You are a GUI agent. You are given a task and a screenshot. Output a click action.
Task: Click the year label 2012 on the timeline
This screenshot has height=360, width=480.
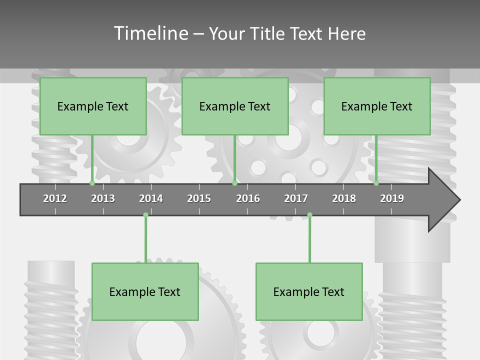pos(55,198)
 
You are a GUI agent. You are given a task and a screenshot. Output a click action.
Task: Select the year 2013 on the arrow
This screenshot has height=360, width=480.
pos(103,198)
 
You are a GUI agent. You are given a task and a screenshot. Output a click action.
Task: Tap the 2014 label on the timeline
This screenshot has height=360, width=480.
pos(151,198)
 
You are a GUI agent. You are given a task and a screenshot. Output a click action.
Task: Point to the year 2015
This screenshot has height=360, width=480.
pos(199,198)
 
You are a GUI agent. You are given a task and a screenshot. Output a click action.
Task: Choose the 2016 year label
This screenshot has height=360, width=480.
pos(248,198)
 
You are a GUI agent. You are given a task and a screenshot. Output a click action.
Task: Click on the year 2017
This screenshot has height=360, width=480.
pos(296,198)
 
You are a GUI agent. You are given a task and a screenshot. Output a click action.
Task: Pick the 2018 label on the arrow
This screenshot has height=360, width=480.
pos(344,198)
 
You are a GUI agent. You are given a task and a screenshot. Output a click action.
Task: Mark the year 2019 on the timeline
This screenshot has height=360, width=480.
pos(392,198)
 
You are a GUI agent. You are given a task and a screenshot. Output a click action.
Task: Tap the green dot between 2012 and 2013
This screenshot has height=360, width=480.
pos(92,183)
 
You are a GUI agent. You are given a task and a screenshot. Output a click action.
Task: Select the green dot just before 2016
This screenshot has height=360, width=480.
pos(234,183)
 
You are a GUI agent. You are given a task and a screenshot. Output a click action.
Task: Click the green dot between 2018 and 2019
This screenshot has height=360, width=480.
pos(376,183)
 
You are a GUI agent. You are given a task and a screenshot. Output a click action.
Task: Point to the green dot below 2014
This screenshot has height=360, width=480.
pos(145,215)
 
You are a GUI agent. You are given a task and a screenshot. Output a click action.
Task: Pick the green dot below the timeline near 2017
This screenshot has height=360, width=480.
pos(309,215)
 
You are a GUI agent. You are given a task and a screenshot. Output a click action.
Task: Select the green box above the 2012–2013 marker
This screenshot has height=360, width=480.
pos(93,106)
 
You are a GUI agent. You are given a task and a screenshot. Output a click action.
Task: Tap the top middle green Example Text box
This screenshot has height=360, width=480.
pos(235,106)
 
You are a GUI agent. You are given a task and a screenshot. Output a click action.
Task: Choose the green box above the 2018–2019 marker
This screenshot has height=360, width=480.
pos(377,106)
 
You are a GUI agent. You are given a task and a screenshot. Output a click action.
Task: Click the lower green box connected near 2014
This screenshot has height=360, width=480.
pos(145,291)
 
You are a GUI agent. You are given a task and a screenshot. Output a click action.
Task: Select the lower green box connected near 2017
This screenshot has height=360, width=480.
pos(309,291)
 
